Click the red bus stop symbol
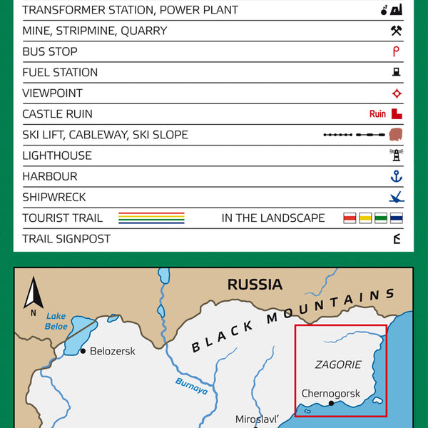pos(396,51)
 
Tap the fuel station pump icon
pos(397,72)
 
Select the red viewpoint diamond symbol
pos(397,93)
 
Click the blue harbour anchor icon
pos(397,176)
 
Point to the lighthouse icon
pos(396,156)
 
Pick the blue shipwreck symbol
pos(397,197)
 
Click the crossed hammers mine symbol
pos(397,31)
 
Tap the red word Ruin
pos(377,114)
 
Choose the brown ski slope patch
pos(397,135)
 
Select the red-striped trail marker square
pos(350,218)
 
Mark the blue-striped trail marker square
pos(397,218)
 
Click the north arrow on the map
pos(34,294)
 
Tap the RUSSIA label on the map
pos(255,285)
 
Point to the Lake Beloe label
pos(56,321)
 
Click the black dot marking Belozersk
pos(83,351)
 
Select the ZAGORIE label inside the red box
pos(338,365)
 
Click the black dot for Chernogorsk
pos(331,404)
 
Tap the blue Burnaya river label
pos(191,386)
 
